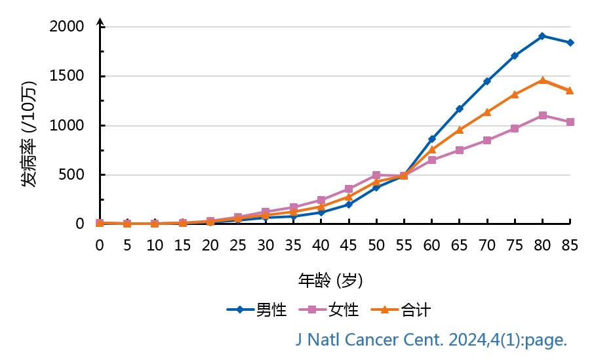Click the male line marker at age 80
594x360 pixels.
[x=542, y=36]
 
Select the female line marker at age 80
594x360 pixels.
[x=542, y=115]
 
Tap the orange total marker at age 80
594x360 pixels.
[x=542, y=80]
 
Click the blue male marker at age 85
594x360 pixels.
[x=570, y=43]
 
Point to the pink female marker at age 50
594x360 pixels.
[x=376, y=175]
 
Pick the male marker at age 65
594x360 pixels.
[x=460, y=108]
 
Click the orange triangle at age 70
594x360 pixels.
[x=487, y=112]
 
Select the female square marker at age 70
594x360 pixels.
[x=487, y=140]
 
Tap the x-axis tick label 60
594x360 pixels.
[x=432, y=245]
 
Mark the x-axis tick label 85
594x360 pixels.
[x=570, y=245]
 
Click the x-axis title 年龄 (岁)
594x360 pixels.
[x=330, y=281]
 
